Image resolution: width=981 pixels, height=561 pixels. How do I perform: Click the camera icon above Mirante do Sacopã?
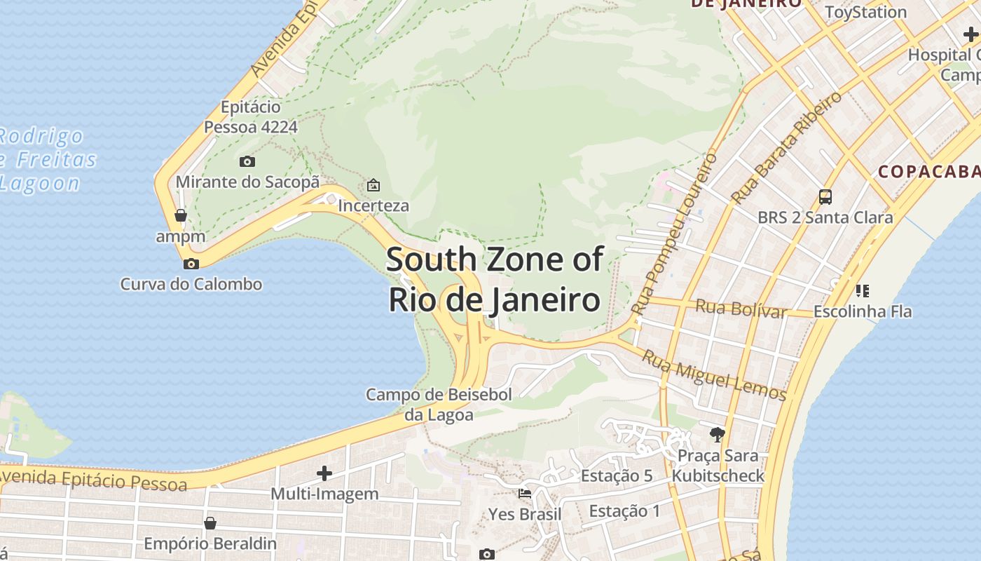tap(247, 162)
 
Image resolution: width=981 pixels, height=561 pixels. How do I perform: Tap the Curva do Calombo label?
tap(191, 284)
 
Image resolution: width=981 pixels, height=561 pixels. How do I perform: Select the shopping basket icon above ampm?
tap(181, 215)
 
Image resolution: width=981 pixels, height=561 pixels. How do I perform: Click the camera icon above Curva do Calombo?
tap(191, 264)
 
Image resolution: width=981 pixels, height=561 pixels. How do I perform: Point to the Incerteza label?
tap(373, 206)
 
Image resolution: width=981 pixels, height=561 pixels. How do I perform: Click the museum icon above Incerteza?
tap(373, 186)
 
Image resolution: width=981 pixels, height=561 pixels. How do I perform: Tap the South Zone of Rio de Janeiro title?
tap(494, 279)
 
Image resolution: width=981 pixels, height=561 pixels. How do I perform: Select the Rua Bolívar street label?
tap(741, 308)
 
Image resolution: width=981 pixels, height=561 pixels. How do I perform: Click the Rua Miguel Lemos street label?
tap(714, 375)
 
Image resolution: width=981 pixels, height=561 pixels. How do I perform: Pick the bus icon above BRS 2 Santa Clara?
tap(825, 197)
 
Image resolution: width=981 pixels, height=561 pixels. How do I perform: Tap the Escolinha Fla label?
tap(863, 311)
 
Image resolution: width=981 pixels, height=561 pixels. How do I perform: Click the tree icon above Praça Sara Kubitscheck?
tap(717, 435)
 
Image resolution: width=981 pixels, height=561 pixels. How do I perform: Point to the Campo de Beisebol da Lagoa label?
tap(439, 405)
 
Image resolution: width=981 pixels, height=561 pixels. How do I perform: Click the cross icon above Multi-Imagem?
tap(324, 473)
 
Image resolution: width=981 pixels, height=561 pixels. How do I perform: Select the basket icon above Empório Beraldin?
tap(210, 523)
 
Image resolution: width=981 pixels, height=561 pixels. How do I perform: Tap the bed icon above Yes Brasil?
tap(524, 494)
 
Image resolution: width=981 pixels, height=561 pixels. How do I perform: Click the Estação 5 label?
tap(617, 476)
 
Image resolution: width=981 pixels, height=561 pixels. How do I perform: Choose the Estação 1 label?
tap(624, 511)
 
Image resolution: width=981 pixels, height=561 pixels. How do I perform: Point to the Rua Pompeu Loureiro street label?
tap(673, 234)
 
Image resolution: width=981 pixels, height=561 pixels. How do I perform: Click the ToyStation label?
tap(865, 12)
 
